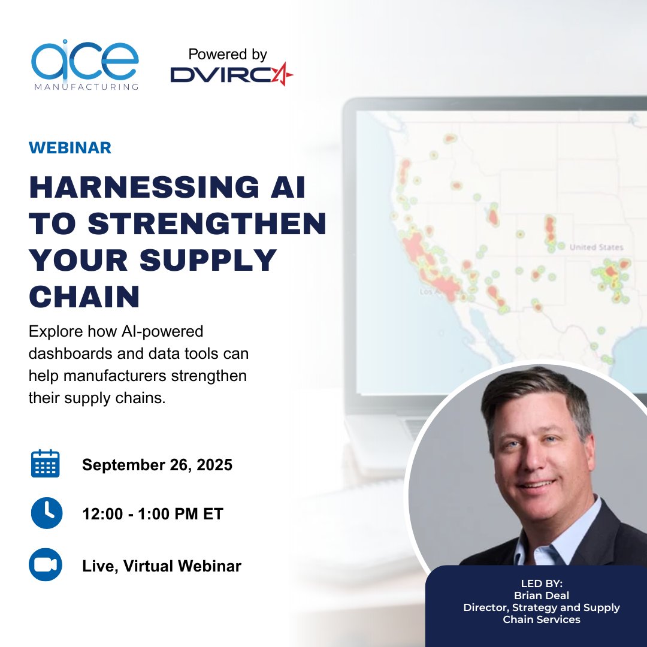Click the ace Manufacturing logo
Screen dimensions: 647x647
[x=84, y=65]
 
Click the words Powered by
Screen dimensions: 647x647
[x=228, y=55]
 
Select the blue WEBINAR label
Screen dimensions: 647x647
[x=70, y=148]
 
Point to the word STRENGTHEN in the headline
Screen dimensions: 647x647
[x=207, y=225]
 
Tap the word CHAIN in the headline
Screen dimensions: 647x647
[x=84, y=296]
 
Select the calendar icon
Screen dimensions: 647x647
[x=45, y=464]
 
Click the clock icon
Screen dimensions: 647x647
[x=46, y=513]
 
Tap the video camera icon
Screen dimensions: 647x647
[x=46, y=565]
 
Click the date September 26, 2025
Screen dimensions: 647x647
[x=157, y=465]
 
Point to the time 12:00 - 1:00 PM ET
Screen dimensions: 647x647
[x=152, y=514]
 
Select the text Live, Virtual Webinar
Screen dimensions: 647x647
[x=162, y=566]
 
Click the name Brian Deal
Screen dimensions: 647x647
[x=541, y=595]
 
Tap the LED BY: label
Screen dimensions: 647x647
[x=541, y=583]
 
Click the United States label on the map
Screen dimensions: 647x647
[x=596, y=247]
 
